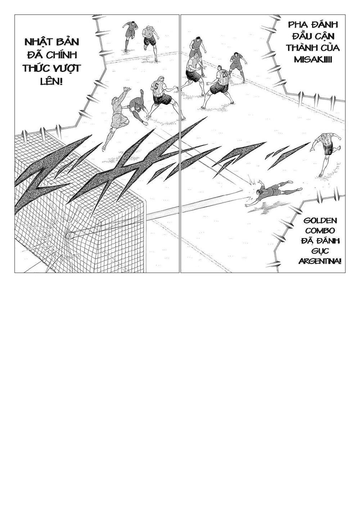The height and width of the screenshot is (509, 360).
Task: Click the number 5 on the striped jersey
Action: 156,87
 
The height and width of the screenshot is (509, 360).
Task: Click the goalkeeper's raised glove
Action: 126,89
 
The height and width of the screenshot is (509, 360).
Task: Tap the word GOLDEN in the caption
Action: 319,221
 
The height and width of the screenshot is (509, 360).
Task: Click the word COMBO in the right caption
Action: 320,231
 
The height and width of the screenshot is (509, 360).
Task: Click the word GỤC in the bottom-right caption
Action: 320,251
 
